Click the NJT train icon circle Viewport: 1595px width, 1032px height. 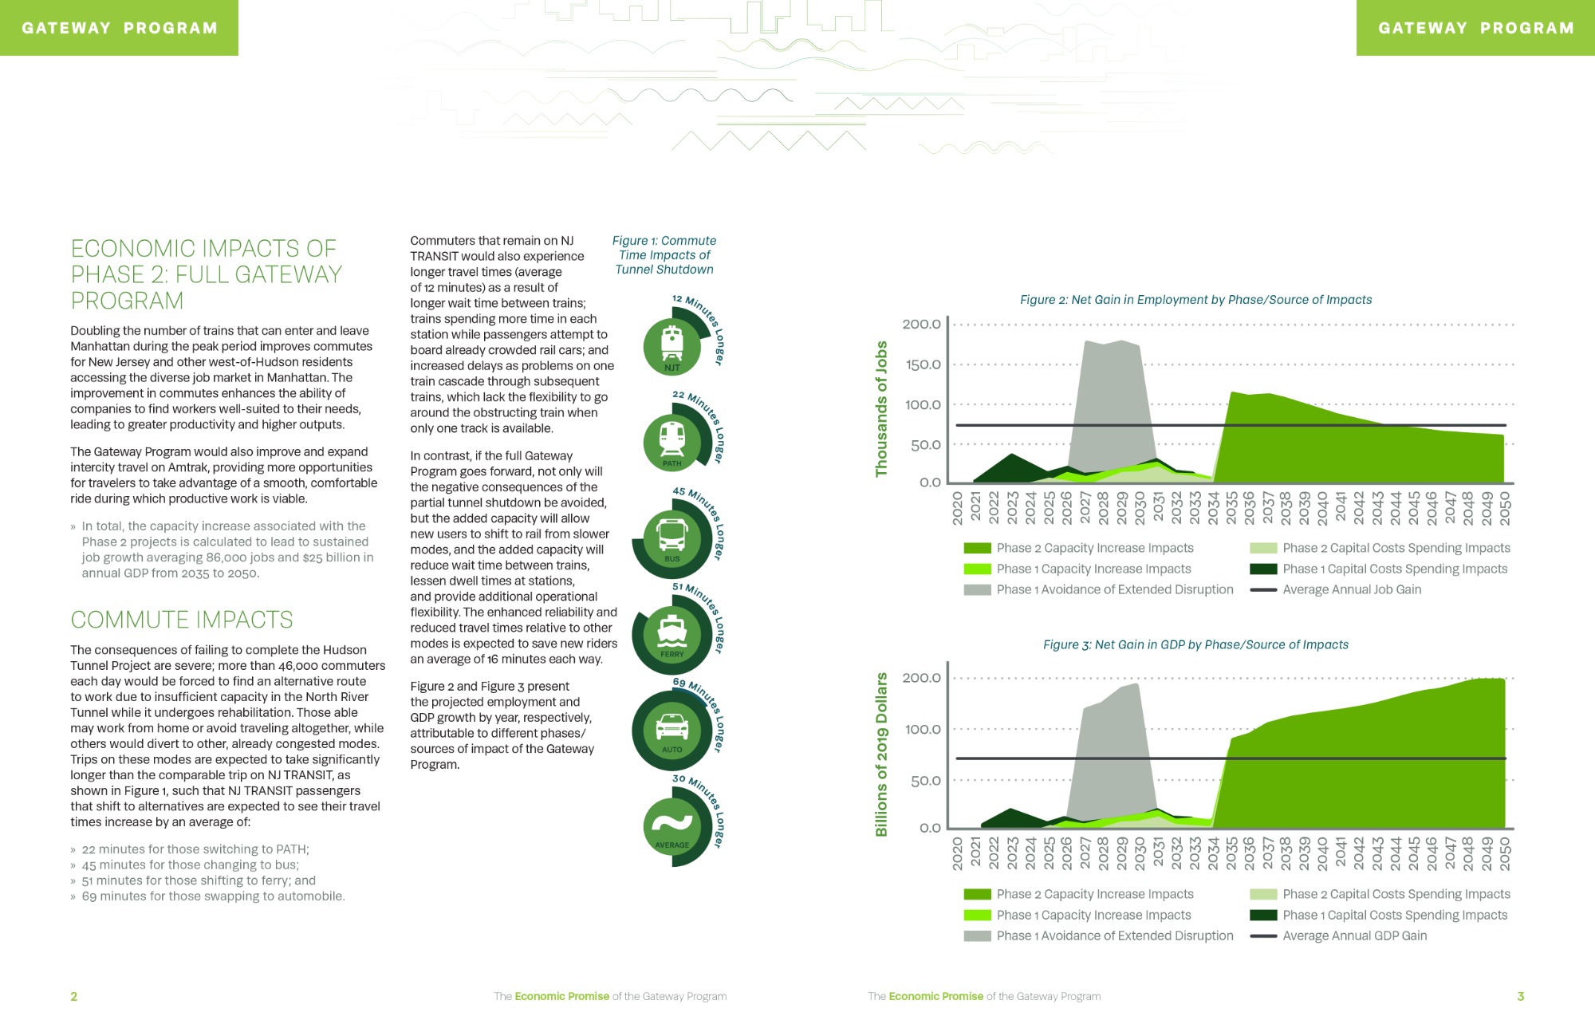coord(672,347)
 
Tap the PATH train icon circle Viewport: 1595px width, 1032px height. coord(672,443)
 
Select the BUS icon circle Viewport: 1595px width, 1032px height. coord(672,538)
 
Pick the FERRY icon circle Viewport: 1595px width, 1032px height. coord(672,634)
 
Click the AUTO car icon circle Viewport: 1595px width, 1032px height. coord(672,730)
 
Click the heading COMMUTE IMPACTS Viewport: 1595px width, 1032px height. coord(182,620)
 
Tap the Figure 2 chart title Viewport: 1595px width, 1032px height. coord(1195,300)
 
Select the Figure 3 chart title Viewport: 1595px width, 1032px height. coord(1195,644)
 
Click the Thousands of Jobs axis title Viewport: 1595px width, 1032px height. coord(881,409)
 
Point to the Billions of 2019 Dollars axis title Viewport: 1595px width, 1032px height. coord(881,754)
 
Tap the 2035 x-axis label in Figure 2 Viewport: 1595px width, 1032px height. coord(1231,507)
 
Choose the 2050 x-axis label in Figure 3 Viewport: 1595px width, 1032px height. coord(1505,853)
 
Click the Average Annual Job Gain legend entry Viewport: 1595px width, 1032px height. coord(1336,589)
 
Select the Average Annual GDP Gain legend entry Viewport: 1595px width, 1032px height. coord(1338,935)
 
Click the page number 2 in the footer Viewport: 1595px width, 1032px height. coord(74,996)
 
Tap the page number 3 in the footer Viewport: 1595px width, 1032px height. coord(1521,996)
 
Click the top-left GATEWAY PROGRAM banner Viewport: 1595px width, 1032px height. coord(119,28)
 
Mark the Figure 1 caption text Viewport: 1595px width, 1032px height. coord(664,255)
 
